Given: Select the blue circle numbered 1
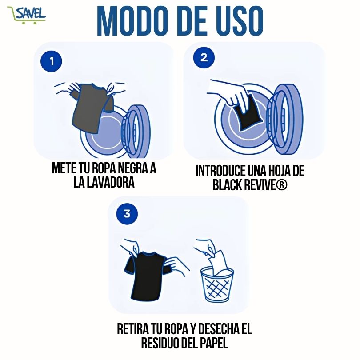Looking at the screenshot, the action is [51, 61].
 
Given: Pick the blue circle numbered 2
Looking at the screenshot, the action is [204, 58].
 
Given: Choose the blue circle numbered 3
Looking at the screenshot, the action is [127, 214].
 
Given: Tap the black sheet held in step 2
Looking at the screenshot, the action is [248, 112].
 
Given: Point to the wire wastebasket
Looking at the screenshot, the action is [217, 285].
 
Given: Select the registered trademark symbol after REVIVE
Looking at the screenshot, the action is [281, 185].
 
